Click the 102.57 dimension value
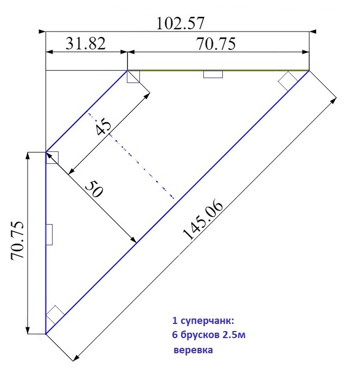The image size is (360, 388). click(181, 23)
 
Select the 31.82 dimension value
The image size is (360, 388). click(86, 43)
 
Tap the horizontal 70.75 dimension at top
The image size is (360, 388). click(216, 44)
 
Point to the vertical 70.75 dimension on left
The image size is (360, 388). click(17, 240)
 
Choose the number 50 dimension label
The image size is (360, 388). click(94, 188)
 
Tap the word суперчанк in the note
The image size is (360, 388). click(207, 321)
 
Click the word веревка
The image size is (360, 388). click(193, 350)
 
